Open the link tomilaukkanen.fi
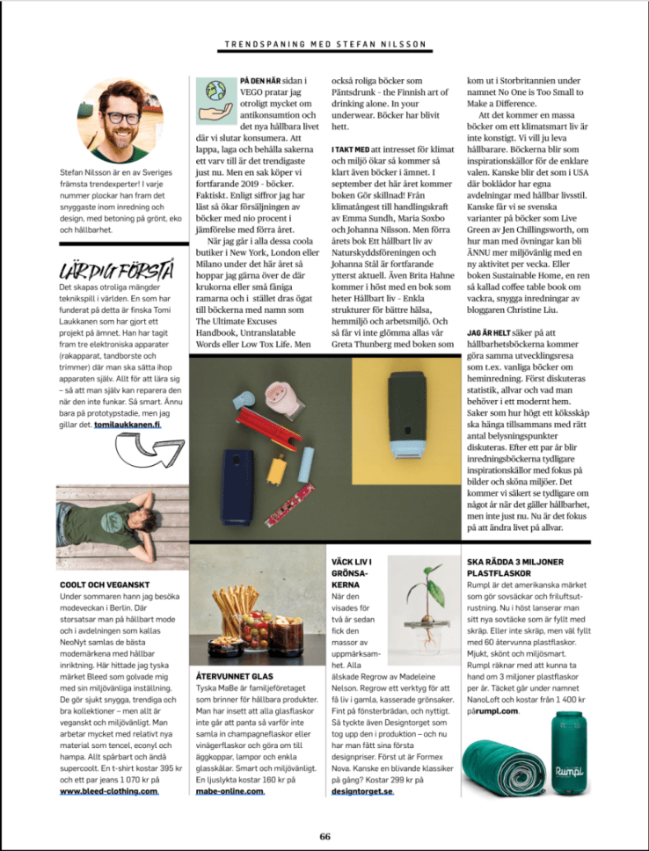128,425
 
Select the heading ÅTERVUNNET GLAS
230,678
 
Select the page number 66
324,836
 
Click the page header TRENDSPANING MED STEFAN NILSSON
324,43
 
